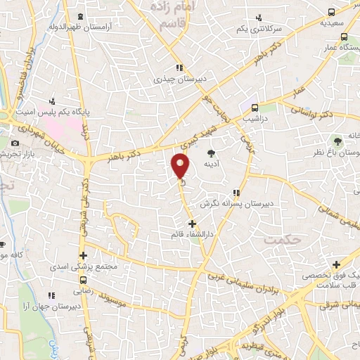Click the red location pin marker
pyautogui.click(x=181, y=166)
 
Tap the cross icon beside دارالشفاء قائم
pyautogui.click(x=193, y=224)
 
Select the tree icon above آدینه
pyautogui.click(x=211, y=153)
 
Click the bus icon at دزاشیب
pyautogui.click(x=255, y=108)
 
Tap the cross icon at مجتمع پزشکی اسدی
pyautogui.click(x=83, y=256)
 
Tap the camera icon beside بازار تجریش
pyautogui.click(x=15, y=143)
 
